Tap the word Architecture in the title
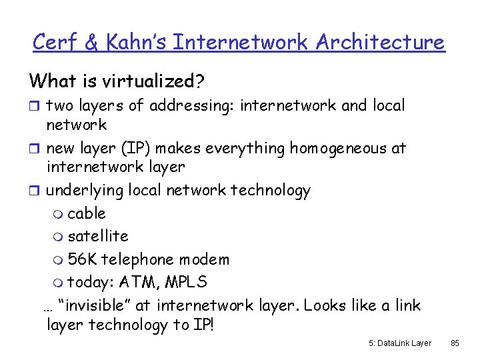click(380, 42)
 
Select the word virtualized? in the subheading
click(154, 81)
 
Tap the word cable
click(87, 213)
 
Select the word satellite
click(98, 236)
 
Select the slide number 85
click(455, 343)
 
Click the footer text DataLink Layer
click(404, 343)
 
